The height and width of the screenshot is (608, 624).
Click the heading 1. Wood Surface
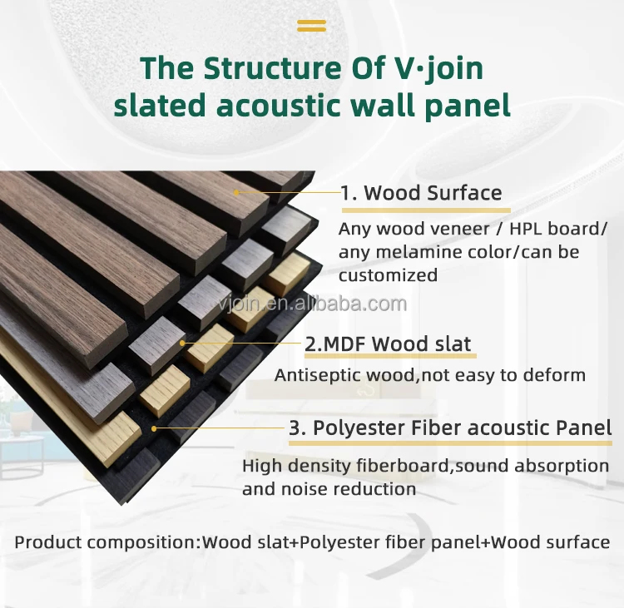(421, 193)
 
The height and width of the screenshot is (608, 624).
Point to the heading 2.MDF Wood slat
(388, 344)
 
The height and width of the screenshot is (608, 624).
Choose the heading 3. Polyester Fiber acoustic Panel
(450, 428)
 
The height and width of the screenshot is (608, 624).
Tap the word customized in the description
(388, 275)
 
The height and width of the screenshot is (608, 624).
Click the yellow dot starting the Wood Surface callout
(236, 193)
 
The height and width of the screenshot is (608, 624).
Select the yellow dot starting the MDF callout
(182, 343)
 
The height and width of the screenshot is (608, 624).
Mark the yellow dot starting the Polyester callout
(154, 428)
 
